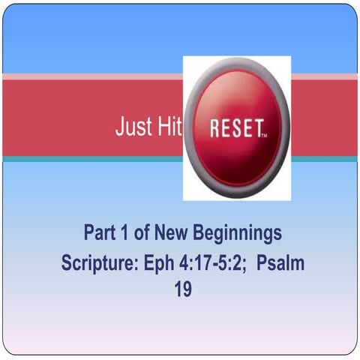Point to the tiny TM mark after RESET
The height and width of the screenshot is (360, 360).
262,136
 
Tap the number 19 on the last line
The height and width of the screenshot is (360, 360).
183,289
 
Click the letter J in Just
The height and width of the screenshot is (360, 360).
119,127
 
